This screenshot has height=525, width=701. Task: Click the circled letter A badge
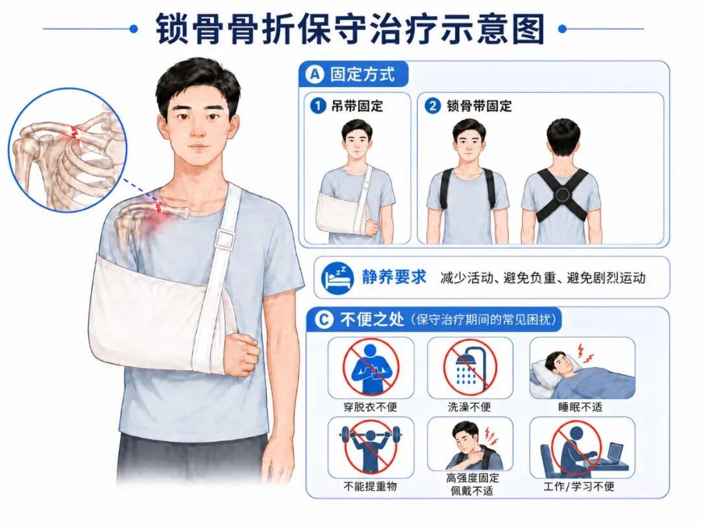pyautogui.click(x=315, y=74)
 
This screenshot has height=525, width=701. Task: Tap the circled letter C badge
pyautogui.click(x=324, y=320)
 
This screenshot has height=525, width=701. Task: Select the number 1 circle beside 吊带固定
pyautogui.click(x=318, y=106)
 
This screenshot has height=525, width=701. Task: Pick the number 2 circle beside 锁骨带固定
pyautogui.click(x=432, y=106)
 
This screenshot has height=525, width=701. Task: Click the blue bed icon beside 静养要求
pyautogui.click(x=338, y=277)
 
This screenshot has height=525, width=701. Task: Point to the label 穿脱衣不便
pyautogui.click(x=370, y=406)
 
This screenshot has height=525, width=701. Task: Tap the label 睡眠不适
pyautogui.click(x=580, y=406)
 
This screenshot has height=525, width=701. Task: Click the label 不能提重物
pyautogui.click(x=370, y=486)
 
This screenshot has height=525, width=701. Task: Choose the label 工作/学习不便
pyautogui.click(x=579, y=486)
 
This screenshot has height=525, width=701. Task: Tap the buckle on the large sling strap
pyautogui.click(x=225, y=239)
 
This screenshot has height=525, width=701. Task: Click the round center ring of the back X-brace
pyautogui.click(x=562, y=194)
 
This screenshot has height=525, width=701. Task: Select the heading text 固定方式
pyautogui.click(x=363, y=74)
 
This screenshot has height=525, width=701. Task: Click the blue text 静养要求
pyautogui.click(x=395, y=277)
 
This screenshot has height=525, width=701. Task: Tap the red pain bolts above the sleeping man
pyautogui.click(x=585, y=353)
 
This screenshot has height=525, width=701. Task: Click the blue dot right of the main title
pyautogui.click(x=562, y=29)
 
